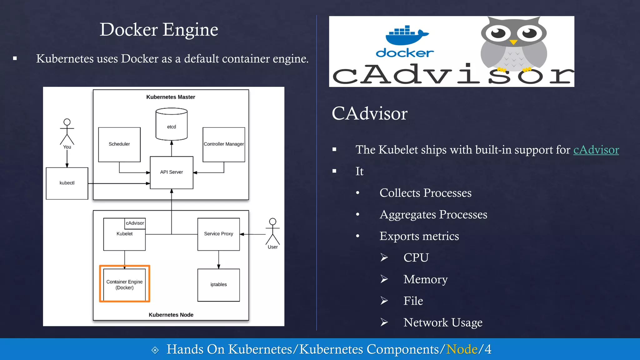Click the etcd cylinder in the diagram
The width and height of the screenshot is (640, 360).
point(172,124)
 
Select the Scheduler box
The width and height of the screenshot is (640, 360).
point(119,144)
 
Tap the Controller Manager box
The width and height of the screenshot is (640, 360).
point(224,144)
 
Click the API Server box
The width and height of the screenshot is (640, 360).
point(172,172)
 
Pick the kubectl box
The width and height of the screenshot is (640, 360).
point(67,183)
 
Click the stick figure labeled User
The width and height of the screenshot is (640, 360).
point(272,232)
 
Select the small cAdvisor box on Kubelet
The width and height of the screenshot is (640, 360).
point(135,223)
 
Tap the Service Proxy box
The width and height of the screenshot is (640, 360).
point(218,234)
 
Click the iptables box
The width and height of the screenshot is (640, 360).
point(218,285)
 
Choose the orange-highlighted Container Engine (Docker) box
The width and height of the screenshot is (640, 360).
point(124,284)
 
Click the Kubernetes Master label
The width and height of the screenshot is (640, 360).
point(171,97)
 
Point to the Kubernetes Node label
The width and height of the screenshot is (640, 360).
point(171,315)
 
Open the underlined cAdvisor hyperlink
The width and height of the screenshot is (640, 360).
point(596,150)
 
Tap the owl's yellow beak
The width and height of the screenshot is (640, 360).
point(513,42)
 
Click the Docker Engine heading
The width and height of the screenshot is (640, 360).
point(159,30)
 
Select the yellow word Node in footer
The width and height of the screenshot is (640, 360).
point(462,349)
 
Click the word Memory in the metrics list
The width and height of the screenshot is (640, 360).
point(425,279)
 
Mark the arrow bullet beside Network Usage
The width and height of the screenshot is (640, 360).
point(384,322)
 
